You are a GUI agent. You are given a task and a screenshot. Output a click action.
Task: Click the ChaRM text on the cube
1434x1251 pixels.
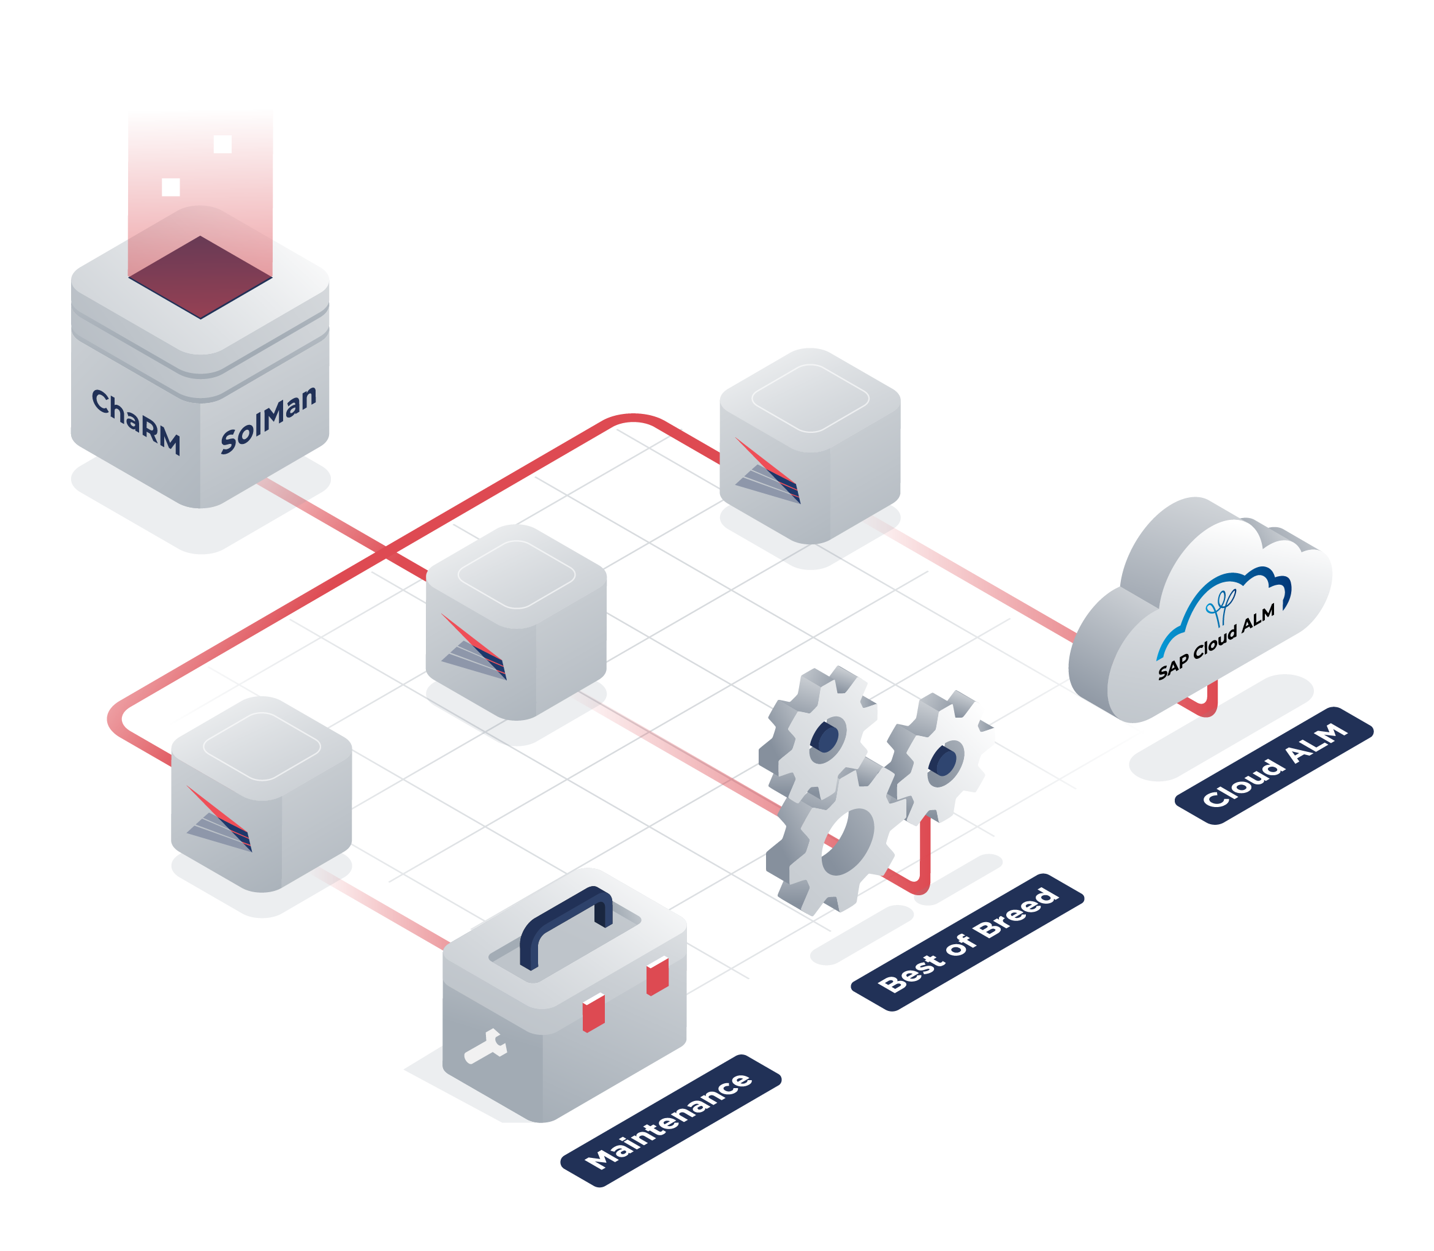pos(136,421)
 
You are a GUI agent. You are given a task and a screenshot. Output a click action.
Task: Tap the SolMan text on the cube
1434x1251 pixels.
pos(268,419)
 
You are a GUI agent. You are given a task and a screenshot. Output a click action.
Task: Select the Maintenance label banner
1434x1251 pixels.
pos(670,1121)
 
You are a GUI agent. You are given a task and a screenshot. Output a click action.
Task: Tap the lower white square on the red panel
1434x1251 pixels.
pos(170,187)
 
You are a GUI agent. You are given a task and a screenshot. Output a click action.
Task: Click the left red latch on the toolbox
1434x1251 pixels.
pos(593,1012)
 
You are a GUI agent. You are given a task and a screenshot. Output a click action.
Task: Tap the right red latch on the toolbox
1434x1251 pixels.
pos(658,976)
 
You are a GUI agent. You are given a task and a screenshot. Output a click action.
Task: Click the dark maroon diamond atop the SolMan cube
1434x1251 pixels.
pos(200,277)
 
